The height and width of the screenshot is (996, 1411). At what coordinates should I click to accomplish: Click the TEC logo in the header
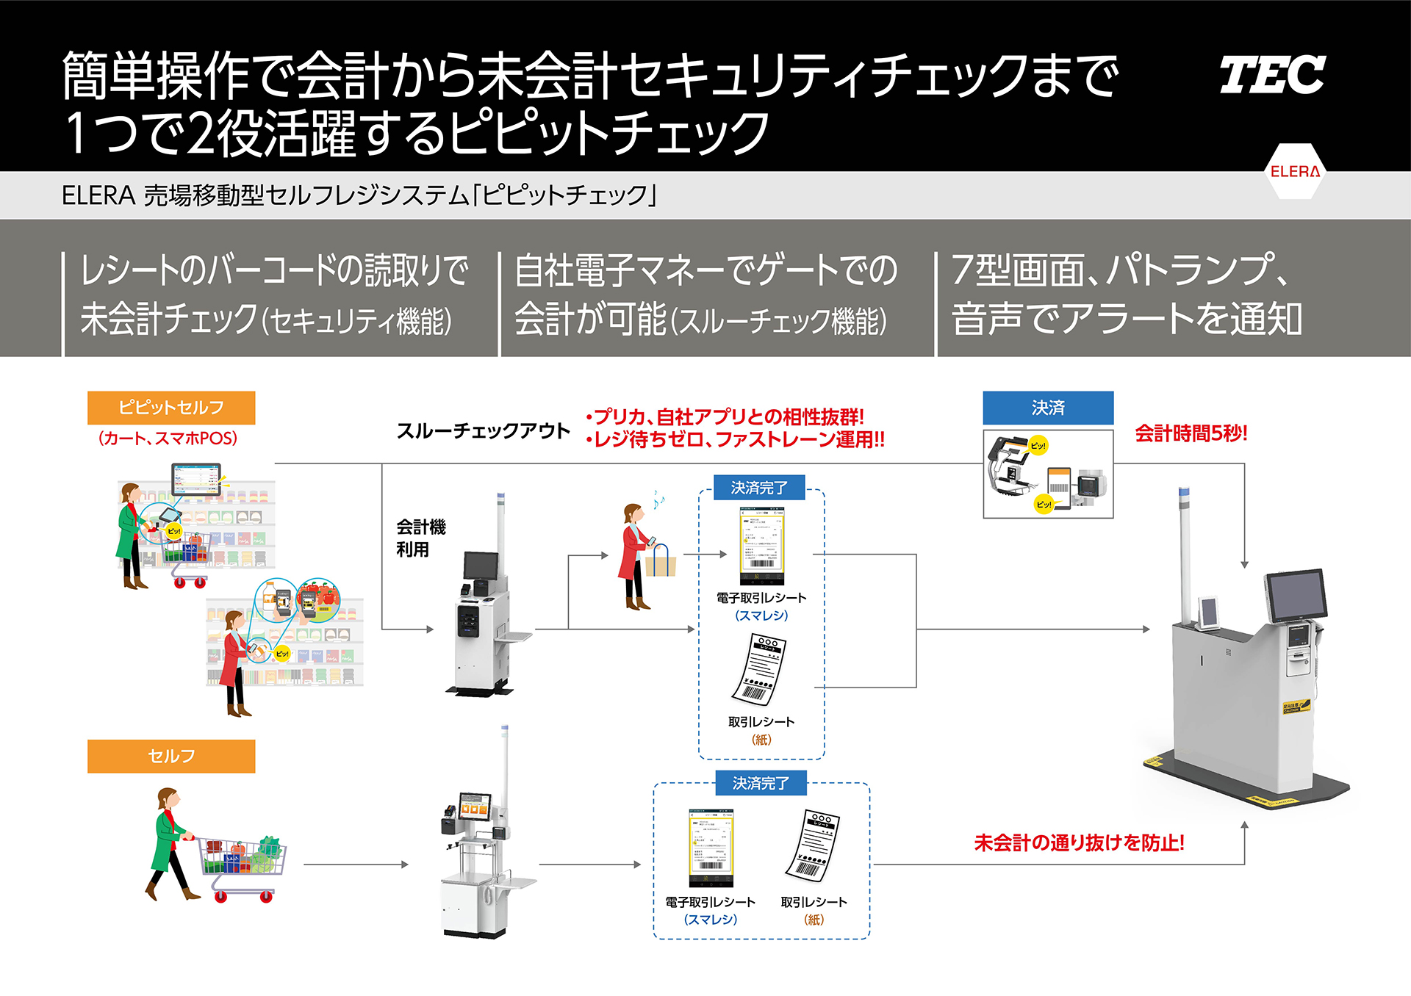tap(1272, 75)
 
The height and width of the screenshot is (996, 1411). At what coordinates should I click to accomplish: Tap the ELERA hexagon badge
tap(1295, 171)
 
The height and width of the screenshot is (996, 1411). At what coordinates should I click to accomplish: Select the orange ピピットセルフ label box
tap(171, 408)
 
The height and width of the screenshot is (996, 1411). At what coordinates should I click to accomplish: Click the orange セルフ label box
tap(171, 756)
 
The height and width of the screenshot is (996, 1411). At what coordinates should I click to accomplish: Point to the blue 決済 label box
tap(1048, 408)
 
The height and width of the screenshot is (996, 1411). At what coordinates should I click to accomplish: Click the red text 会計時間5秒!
tap(1191, 433)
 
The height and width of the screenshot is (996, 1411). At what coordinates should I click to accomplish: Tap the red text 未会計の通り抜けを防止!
tap(1079, 842)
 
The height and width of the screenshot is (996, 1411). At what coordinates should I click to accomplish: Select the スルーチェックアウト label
tap(483, 430)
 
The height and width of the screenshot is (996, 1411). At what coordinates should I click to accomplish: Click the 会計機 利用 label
tap(420, 538)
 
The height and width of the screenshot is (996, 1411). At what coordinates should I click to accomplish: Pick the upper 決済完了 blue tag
tap(759, 488)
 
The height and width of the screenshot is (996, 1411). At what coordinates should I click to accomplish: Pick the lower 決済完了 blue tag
tap(761, 783)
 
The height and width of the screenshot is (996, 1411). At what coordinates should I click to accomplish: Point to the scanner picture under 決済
tap(1048, 474)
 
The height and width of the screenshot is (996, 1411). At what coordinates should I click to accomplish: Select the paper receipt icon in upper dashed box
tap(760, 669)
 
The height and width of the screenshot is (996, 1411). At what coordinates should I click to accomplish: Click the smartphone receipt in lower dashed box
tap(711, 848)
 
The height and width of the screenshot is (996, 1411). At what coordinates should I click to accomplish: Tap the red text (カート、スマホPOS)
tap(168, 439)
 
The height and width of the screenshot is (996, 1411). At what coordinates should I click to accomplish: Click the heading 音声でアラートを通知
tap(1127, 319)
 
